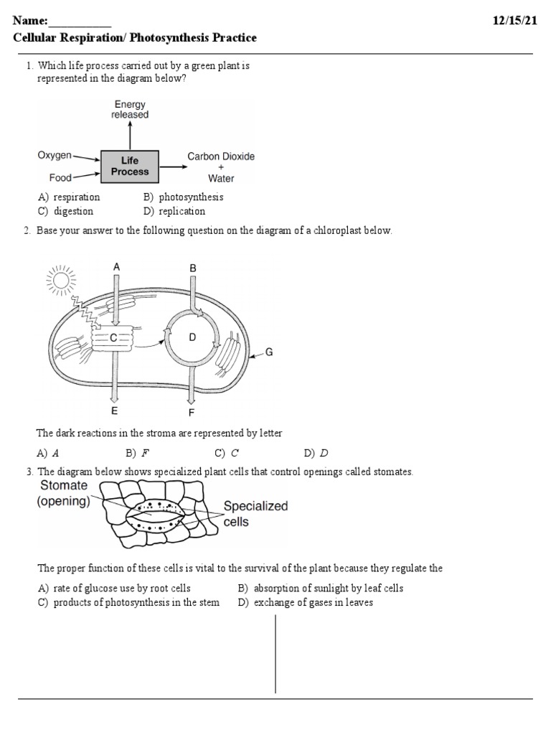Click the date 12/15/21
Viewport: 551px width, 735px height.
(x=514, y=21)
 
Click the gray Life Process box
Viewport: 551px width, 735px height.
(x=130, y=166)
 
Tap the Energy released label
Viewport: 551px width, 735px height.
(x=130, y=110)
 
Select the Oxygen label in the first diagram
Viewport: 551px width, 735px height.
(x=55, y=155)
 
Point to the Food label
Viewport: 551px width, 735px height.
(x=60, y=176)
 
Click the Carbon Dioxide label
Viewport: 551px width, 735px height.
(x=221, y=156)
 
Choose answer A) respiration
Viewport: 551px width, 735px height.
(x=69, y=197)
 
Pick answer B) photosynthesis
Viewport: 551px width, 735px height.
(x=183, y=197)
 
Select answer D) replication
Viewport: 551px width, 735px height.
(x=174, y=212)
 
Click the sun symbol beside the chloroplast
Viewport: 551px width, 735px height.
(x=60, y=278)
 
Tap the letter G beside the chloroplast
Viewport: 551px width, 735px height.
(x=269, y=352)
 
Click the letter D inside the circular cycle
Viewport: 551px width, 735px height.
(x=192, y=337)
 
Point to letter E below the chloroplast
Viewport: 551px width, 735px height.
(x=114, y=411)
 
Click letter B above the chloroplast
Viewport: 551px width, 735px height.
(x=192, y=268)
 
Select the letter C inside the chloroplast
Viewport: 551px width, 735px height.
(x=113, y=337)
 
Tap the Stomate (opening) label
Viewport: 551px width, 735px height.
(x=64, y=494)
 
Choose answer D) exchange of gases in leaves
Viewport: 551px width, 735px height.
(x=306, y=603)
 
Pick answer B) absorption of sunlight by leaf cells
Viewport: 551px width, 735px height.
(x=321, y=589)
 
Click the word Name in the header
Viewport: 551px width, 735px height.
(x=29, y=21)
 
